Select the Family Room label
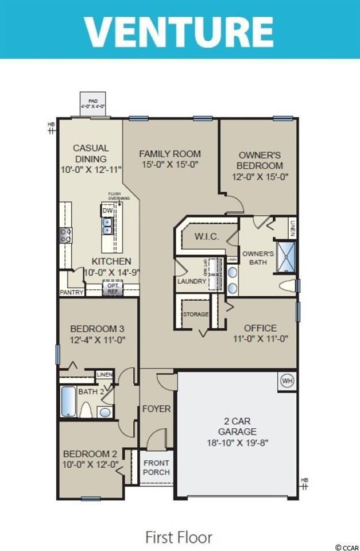pyautogui.click(x=170, y=154)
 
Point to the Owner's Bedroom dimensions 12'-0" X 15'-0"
pyautogui.click(x=260, y=177)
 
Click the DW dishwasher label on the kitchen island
pyautogui.click(x=107, y=211)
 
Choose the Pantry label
pyautogui.click(x=72, y=292)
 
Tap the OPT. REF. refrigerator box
pyautogui.click(x=112, y=288)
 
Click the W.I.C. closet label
pyautogui.click(x=206, y=236)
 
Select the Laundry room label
pyautogui.click(x=191, y=282)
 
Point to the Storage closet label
pyautogui.click(x=195, y=315)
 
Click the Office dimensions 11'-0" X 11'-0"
pyautogui.click(x=260, y=339)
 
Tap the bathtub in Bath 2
pyautogui.click(x=68, y=402)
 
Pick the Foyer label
pyautogui.click(x=156, y=409)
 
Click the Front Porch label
pyautogui.click(x=156, y=468)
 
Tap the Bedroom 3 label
pyautogui.click(x=97, y=329)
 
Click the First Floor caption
pyautogui.click(x=179, y=537)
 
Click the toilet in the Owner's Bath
pyautogui.click(x=287, y=285)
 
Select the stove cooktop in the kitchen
pyautogui.click(x=65, y=234)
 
